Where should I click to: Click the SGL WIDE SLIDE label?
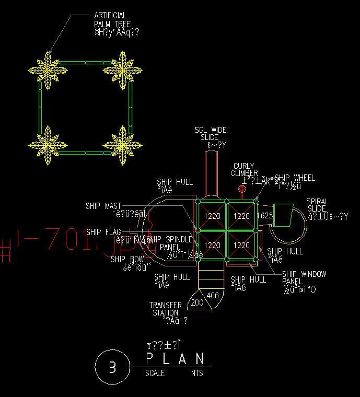(x=211, y=133)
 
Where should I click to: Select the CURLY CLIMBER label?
(x=245, y=170)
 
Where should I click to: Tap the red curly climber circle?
(x=241, y=189)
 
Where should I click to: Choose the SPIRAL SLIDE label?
(x=317, y=205)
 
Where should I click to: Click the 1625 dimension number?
(x=265, y=216)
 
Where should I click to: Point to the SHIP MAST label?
(x=103, y=206)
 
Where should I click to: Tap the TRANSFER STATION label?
(x=166, y=309)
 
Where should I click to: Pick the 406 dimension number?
(x=213, y=296)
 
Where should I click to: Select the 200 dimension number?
(x=197, y=302)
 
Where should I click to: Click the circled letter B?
(x=112, y=367)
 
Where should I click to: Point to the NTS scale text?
(x=197, y=373)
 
